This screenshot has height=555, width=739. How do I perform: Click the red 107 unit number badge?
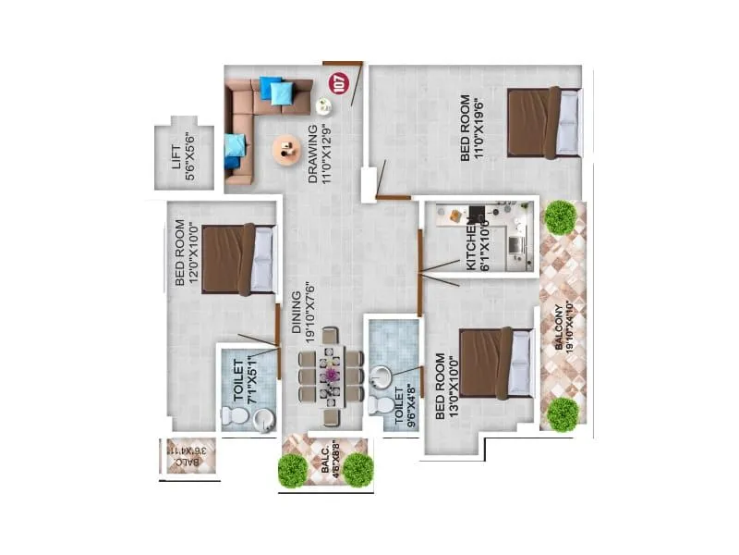click(x=338, y=84)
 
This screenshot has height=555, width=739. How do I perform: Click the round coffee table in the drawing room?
click(x=286, y=148)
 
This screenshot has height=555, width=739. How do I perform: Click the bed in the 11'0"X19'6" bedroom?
click(x=544, y=122)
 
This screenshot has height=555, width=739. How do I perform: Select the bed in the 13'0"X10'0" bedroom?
click(x=496, y=362)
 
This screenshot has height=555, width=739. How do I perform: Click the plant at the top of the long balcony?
click(x=560, y=217)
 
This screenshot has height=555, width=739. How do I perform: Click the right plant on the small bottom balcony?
click(x=357, y=471)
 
